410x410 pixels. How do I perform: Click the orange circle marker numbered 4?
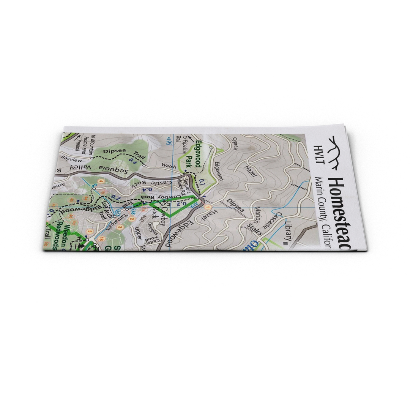coord(101,181)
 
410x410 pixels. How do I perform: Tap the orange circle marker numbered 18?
coord(102,239)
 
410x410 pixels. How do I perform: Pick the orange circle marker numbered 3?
coord(120,227)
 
